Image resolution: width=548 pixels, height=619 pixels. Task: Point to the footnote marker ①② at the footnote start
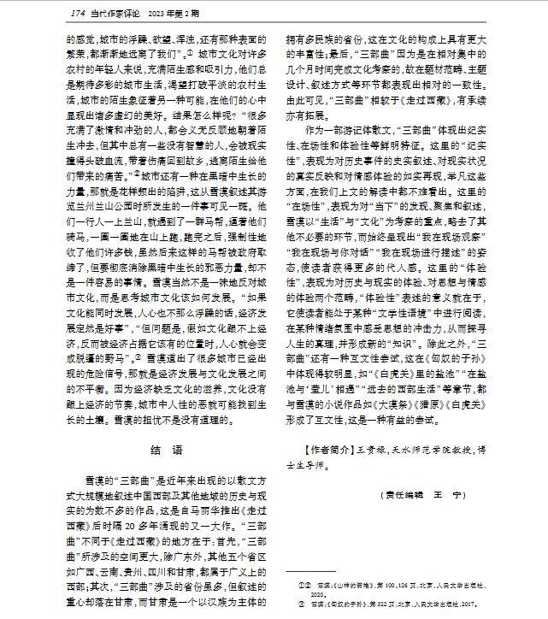302,582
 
